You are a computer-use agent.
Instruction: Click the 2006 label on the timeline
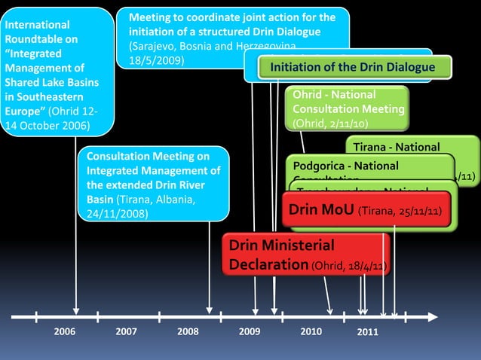pyautogui.click(x=65, y=331)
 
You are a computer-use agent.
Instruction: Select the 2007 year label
pyautogui.click(x=126, y=331)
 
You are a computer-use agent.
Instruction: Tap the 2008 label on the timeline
pyautogui.click(x=188, y=331)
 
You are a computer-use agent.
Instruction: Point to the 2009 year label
pyautogui.click(x=250, y=331)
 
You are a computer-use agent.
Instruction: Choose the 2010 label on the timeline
pyautogui.click(x=311, y=331)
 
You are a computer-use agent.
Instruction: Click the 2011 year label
pyautogui.click(x=367, y=332)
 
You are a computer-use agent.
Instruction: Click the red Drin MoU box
pyautogui.click(x=369, y=209)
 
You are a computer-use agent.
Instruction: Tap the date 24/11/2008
pyautogui.click(x=117, y=213)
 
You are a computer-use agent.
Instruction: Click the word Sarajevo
pyautogui.click(x=155, y=46)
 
